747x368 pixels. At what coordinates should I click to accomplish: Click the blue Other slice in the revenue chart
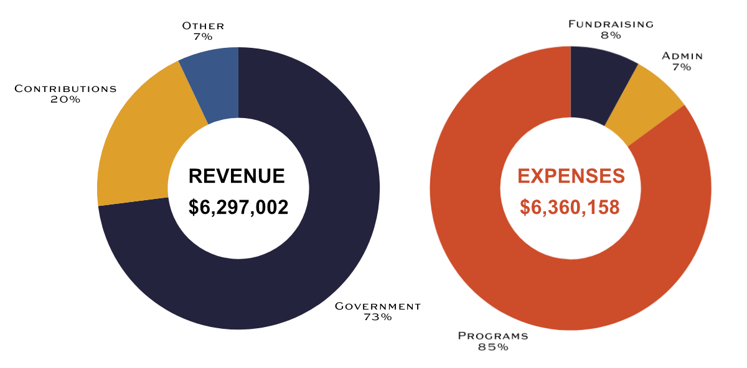215,84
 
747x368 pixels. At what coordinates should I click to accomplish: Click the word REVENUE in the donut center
237,176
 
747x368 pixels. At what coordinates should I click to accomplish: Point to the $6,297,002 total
238,207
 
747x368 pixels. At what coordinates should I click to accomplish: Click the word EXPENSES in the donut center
571,176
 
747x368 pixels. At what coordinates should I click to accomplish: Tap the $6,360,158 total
570,207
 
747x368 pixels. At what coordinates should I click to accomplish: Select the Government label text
378,306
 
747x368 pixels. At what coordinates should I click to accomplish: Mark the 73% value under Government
378,317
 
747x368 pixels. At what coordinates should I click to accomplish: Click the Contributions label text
65,88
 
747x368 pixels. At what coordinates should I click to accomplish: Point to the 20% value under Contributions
65,99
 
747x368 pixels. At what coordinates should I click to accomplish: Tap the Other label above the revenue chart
203,26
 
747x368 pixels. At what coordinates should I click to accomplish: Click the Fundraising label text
611,24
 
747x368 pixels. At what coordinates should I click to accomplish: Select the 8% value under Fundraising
611,35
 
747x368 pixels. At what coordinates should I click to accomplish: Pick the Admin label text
682,56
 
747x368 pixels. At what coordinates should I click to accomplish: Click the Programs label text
493,336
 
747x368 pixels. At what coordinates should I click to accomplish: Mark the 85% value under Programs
493,347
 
